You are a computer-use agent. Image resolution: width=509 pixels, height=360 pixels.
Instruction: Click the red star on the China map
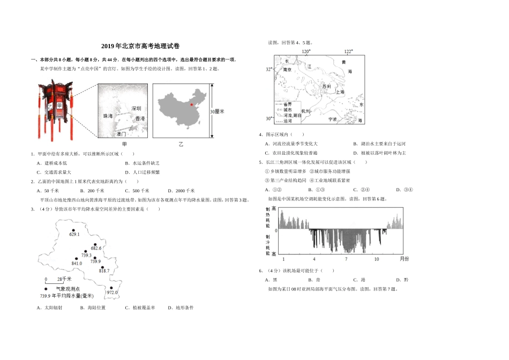click(x=192, y=104)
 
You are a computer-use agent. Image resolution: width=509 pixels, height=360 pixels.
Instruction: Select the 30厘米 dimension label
click(x=217, y=111)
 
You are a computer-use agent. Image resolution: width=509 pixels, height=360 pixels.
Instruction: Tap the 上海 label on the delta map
click(x=339, y=92)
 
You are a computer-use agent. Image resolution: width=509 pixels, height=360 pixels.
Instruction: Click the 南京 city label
click(x=287, y=69)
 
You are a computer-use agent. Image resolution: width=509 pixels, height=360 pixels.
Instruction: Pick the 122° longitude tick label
click(x=348, y=52)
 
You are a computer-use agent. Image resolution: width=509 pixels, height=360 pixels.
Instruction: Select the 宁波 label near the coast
click(x=332, y=119)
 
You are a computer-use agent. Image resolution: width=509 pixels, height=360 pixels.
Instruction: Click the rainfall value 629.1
click(x=74, y=234)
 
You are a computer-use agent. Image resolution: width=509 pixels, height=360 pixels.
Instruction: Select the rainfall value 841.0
click(x=77, y=263)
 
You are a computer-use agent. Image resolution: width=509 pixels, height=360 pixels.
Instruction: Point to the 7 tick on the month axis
click(x=346, y=259)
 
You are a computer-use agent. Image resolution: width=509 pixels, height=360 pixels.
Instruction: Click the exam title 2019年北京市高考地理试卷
click(x=141, y=47)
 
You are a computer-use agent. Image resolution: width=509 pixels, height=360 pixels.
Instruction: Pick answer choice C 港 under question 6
click(x=359, y=280)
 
